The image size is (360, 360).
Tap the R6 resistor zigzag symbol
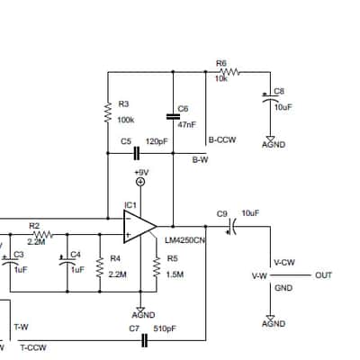(x=229, y=72)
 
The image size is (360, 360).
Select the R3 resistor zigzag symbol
(x=108, y=112)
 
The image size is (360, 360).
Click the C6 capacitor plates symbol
(x=173, y=117)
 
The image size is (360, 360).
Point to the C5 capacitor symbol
(x=137, y=153)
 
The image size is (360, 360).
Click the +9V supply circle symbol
(x=140, y=182)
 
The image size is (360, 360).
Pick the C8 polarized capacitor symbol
(x=270, y=97)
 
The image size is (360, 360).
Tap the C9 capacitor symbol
(x=232, y=227)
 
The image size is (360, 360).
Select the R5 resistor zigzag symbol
(x=157, y=267)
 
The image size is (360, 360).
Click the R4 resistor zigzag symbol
(x=100, y=267)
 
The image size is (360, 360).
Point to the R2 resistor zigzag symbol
(x=43, y=234)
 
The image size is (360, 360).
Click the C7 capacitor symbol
(x=144, y=340)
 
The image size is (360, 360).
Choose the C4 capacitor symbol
(x=67, y=261)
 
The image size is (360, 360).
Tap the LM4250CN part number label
(x=185, y=240)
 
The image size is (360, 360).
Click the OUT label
(x=323, y=275)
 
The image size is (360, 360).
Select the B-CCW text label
(x=222, y=139)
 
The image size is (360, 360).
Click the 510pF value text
(x=165, y=328)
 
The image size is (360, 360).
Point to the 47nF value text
(x=186, y=124)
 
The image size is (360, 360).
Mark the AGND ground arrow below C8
(x=270, y=139)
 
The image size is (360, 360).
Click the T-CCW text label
(x=33, y=347)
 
